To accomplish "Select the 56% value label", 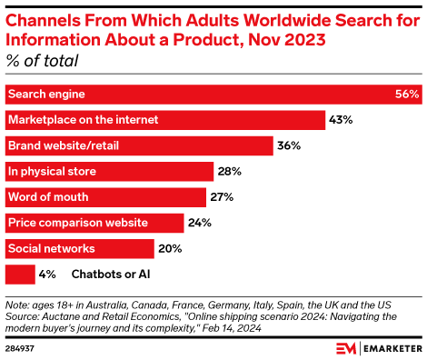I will (407, 95).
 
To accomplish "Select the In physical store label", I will (52, 171).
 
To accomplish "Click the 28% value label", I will (229, 171).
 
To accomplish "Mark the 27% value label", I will (223, 196).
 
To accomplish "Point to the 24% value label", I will (199, 222).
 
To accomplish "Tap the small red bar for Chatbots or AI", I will (20, 273).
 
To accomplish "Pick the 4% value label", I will (49, 273).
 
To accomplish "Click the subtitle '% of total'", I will (43, 62).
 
